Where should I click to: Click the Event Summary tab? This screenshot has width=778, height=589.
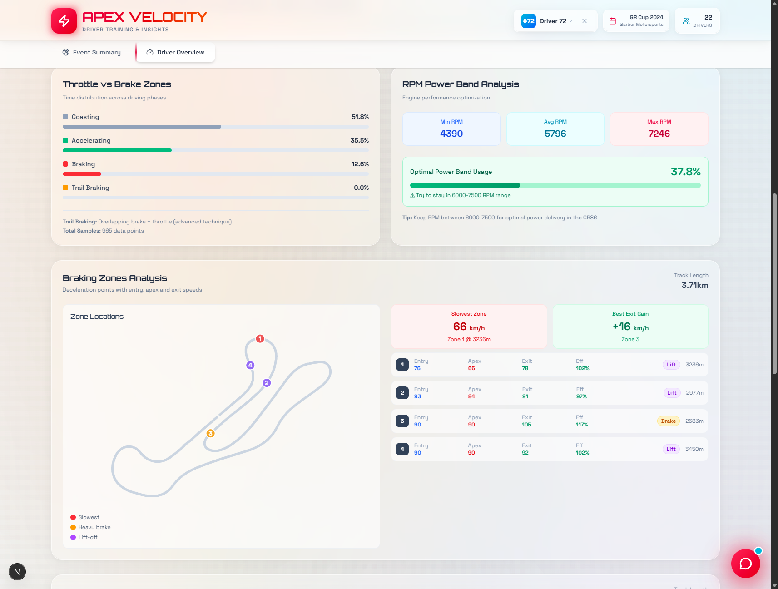tap(92, 53)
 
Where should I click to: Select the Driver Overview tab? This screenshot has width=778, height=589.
tap(175, 53)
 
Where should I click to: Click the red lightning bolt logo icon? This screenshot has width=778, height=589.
tap(64, 21)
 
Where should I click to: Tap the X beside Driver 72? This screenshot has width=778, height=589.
tap(585, 21)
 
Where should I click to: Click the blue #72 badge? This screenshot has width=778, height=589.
tap(528, 21)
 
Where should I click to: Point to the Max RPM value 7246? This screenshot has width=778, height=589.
tap(659, 134)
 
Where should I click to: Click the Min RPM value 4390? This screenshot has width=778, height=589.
tap(451, 134)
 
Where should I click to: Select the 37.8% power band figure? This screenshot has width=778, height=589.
tap(685, 172)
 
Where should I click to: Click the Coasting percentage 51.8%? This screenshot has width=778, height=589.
tap(360, 117)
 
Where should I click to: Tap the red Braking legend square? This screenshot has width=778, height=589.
tap(65, 164)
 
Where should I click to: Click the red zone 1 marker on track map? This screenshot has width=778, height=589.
tap(260, 339)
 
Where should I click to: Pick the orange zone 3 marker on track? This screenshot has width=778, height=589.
tap(210, 433)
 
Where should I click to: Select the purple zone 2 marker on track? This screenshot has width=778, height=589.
tap(267, 383)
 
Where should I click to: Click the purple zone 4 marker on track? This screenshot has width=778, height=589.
tap(250, 365)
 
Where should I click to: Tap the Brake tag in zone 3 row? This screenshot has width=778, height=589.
tap(668, 421)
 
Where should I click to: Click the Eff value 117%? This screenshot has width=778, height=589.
tap(581, 425)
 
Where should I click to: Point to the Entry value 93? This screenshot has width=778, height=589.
tap(417, 396)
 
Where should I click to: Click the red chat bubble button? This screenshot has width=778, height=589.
tap(745, 564)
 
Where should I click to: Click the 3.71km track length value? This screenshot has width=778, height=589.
tap(694, 285)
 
